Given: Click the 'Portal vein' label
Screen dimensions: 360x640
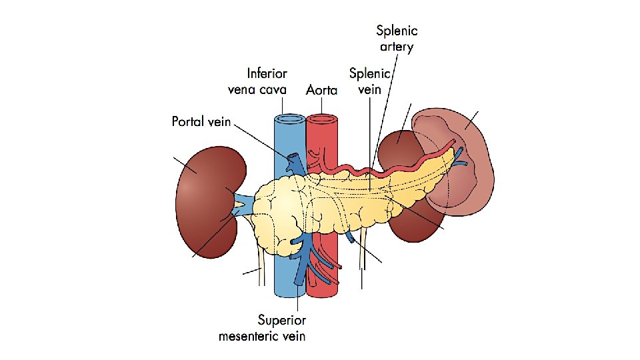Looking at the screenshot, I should pos(201,121).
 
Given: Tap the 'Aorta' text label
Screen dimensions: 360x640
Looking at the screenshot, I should pos(321,89).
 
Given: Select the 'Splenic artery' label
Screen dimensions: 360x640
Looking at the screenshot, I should pos(397,38).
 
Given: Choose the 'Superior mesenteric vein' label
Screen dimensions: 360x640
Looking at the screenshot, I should pos(262,328).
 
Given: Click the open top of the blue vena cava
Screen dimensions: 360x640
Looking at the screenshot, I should pos(289,119).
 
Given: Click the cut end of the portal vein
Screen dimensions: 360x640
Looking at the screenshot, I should pos(293,159).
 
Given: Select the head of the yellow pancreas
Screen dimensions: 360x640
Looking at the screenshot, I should pos(280,213).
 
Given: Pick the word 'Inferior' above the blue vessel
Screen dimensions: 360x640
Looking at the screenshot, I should pos(267,73).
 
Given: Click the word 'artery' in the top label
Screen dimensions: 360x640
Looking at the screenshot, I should pos(397,47).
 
